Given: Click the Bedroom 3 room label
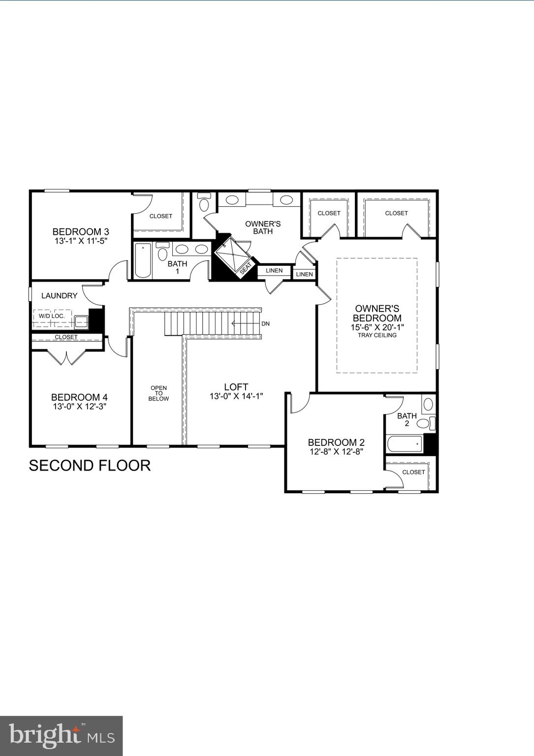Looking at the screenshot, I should [81, 232].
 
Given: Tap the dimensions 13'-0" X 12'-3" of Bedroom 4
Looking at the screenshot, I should [79, 407].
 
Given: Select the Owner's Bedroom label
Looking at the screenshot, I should [377, 313].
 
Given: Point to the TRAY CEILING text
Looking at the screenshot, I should [377, 335].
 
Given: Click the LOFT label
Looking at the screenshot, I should [236, 387].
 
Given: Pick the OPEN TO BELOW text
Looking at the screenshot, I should [158, 393].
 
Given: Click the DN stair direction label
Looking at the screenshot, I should [265, 324].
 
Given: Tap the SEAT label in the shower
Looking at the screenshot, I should [245, 268].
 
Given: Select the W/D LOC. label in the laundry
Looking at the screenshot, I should [52, 315].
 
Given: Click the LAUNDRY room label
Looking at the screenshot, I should [59, 296].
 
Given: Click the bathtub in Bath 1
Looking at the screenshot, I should [143, 260].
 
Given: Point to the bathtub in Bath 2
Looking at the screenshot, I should [405, 444].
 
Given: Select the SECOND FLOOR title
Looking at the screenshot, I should [90, 466].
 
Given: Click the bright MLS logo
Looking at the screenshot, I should [61, 735].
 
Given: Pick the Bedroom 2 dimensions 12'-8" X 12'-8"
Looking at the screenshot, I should [336, 452].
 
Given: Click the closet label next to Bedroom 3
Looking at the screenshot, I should [161, 216].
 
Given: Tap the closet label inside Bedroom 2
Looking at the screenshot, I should [413, 472].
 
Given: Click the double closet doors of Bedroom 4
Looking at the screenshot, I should [66, 357].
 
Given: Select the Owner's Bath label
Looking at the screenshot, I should [263, 227].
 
